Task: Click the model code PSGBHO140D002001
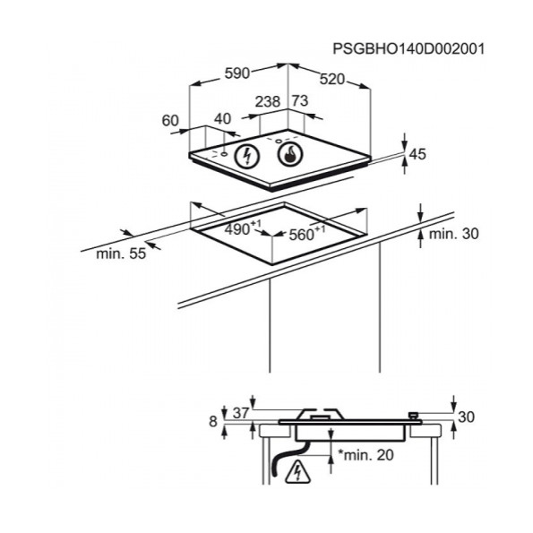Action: [408, 48]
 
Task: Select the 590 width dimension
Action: [237, 73]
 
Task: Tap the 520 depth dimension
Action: [331, 79]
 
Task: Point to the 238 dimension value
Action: [268, 101]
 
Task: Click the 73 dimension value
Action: [300, 100]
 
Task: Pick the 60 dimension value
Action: [170, 120]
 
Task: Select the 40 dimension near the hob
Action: [223, 118]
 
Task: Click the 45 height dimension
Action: [417, 154]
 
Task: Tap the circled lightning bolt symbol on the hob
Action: [247, 157]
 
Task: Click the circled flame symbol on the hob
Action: [290, 155]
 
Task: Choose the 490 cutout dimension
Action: [243, 228]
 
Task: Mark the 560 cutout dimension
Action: [306, 233]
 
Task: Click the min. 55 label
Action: [121, 254]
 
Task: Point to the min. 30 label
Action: [453, 234]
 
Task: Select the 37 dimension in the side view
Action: [241, 413]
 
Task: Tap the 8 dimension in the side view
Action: [213, 422]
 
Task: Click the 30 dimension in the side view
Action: [466, 417]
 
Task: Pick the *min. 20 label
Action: [365, 454]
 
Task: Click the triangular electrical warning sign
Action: [298, 472]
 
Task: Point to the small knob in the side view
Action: [413, 416]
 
